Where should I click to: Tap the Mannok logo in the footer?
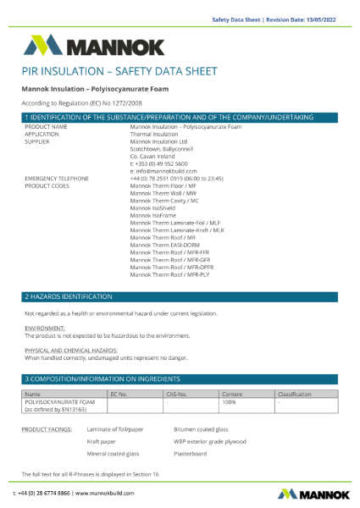point(307,493)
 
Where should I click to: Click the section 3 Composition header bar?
point(180,378)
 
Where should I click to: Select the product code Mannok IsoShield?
point(152,208)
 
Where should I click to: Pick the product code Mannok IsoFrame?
point(152,216)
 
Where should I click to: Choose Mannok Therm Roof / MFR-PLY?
point(169,275)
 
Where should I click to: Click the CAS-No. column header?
point(176,394)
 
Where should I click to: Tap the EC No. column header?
point(119,394)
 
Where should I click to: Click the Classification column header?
point(294,394)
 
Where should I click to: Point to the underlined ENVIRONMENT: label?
point(45,328)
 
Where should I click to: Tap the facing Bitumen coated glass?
point(201,429)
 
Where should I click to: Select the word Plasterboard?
point(191,453)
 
